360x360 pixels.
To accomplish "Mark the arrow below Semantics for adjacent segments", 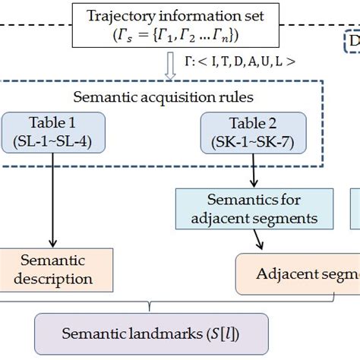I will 260,239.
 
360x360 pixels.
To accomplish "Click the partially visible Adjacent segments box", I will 300,273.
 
